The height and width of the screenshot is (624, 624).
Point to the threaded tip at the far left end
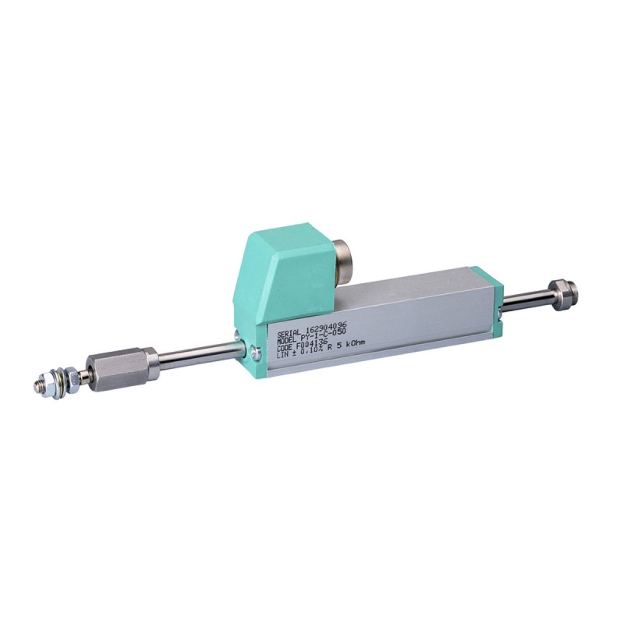(x=40, y=385)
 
